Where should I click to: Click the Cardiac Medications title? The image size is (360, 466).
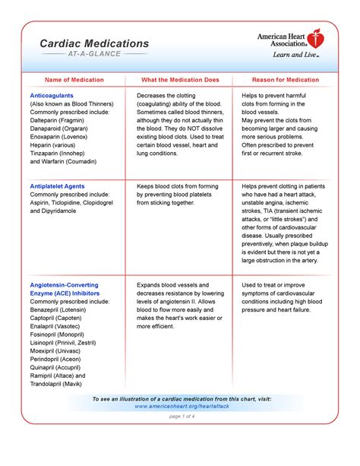(94, 44)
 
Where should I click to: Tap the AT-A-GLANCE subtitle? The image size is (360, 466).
(94, 55)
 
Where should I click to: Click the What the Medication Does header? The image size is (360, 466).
(180, 79)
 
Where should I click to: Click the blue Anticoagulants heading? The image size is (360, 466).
(53, 96)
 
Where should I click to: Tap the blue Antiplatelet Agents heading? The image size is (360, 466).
(57, 185)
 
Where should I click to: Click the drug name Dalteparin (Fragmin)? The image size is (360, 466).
(64, 122)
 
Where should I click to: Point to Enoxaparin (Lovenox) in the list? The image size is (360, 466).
(65, 141)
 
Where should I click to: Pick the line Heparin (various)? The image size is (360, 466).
(56, 150)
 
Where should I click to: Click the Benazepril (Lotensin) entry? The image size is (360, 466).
(65, 311)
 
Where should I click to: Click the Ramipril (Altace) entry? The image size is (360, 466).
(58, 375)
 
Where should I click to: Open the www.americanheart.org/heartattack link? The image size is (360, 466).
(180, 407)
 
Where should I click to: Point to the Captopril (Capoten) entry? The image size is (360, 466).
(62, 320)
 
